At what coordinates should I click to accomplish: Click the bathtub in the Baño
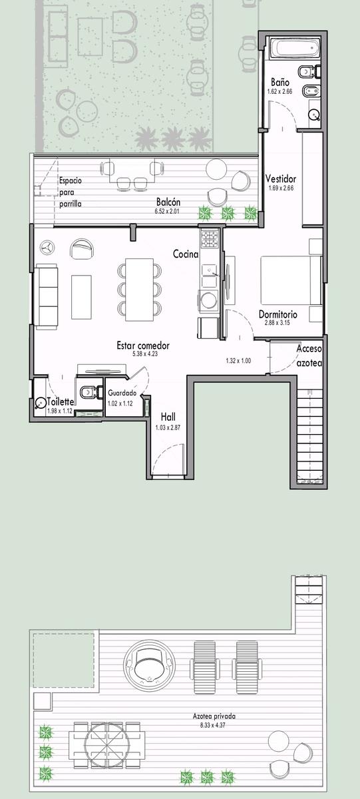(293, 48)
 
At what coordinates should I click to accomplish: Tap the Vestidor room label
(281, 178)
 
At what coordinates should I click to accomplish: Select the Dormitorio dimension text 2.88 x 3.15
(277, 323)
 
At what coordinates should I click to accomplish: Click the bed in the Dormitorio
(291, 280)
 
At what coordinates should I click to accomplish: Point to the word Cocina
(186, 254)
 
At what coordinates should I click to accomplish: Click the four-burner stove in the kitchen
(209, 239)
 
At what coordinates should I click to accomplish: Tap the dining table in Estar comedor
(139, 289)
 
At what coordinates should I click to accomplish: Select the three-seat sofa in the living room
(47, 296)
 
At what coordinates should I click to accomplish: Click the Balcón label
(168, 202)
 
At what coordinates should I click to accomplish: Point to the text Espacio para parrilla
(71, 192)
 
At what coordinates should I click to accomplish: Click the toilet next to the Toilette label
(88, 393)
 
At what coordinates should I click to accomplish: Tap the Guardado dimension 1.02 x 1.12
(120, 403)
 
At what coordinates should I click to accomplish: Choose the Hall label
(168, 417)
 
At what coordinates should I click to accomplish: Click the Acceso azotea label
(309, 356)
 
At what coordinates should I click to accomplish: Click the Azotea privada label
(214, 716)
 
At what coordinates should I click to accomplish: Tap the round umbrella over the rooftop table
(107, 745)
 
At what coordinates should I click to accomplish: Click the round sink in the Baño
(314, 114)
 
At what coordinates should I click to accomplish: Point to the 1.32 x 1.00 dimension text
(238, 361)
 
